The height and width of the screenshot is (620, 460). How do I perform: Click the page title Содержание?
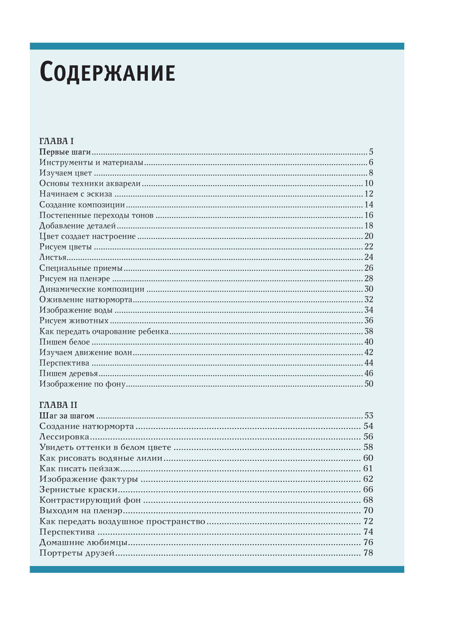107,72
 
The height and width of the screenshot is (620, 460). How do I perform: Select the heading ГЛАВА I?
57,141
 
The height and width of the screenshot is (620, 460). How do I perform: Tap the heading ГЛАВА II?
58,405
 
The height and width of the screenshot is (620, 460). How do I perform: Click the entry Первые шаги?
65,152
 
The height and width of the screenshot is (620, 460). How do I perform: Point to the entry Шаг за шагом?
67,416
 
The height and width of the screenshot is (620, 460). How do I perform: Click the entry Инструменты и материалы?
91,163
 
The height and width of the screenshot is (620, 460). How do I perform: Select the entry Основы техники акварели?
90,184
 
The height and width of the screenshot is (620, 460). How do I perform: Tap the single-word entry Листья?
53,257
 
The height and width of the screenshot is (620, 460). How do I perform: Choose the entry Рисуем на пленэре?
75,279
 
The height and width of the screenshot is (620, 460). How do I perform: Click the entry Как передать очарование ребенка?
104,332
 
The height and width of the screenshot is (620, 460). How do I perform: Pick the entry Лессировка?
64,437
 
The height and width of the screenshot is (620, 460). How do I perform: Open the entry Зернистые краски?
78,490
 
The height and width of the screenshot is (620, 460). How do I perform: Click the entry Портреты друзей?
77,553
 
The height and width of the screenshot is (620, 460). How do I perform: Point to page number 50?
368,384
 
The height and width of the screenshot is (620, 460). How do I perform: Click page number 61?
368,469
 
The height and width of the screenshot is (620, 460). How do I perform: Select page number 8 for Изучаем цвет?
371,173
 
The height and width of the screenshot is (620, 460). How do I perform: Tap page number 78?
368,553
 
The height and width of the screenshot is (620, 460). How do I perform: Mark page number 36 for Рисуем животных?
368,321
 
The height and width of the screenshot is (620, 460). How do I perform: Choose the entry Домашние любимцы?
83,543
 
